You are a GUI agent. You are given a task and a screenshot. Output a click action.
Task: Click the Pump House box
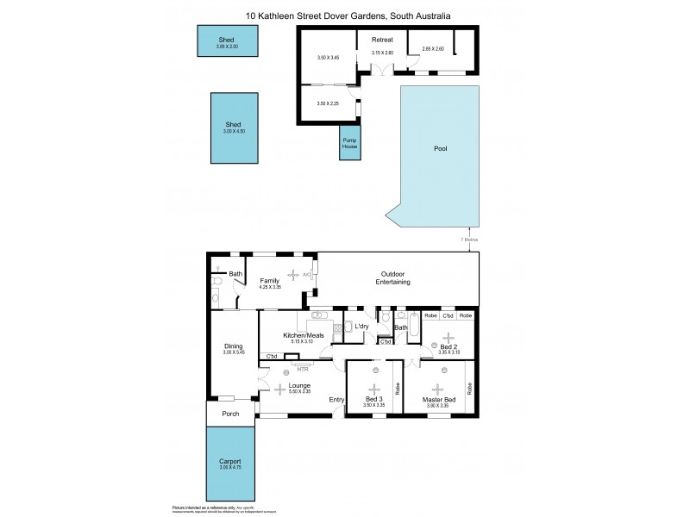click(x=349, y=143)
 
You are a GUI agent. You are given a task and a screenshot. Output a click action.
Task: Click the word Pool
click(x=440, y=149)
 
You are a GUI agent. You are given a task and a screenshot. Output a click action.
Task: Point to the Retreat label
click(x=382, y=40)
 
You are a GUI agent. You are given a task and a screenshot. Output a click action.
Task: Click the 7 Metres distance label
click(x=468, y=239)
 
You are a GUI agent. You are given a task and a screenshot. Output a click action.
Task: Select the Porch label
click(x=230, y=414)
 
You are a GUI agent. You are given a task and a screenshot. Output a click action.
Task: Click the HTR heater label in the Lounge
click(x=302, y=369)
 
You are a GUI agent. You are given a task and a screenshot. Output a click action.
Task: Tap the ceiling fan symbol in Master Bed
click(x=437, y=388)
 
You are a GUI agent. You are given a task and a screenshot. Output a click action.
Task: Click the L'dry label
click(x=361, y=326)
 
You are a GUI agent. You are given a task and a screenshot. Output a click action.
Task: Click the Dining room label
click(x=234, y=346)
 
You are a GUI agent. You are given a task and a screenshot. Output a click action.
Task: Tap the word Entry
click(x=336, y=399)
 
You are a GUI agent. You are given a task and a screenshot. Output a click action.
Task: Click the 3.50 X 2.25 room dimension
click(x=327, y=103)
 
